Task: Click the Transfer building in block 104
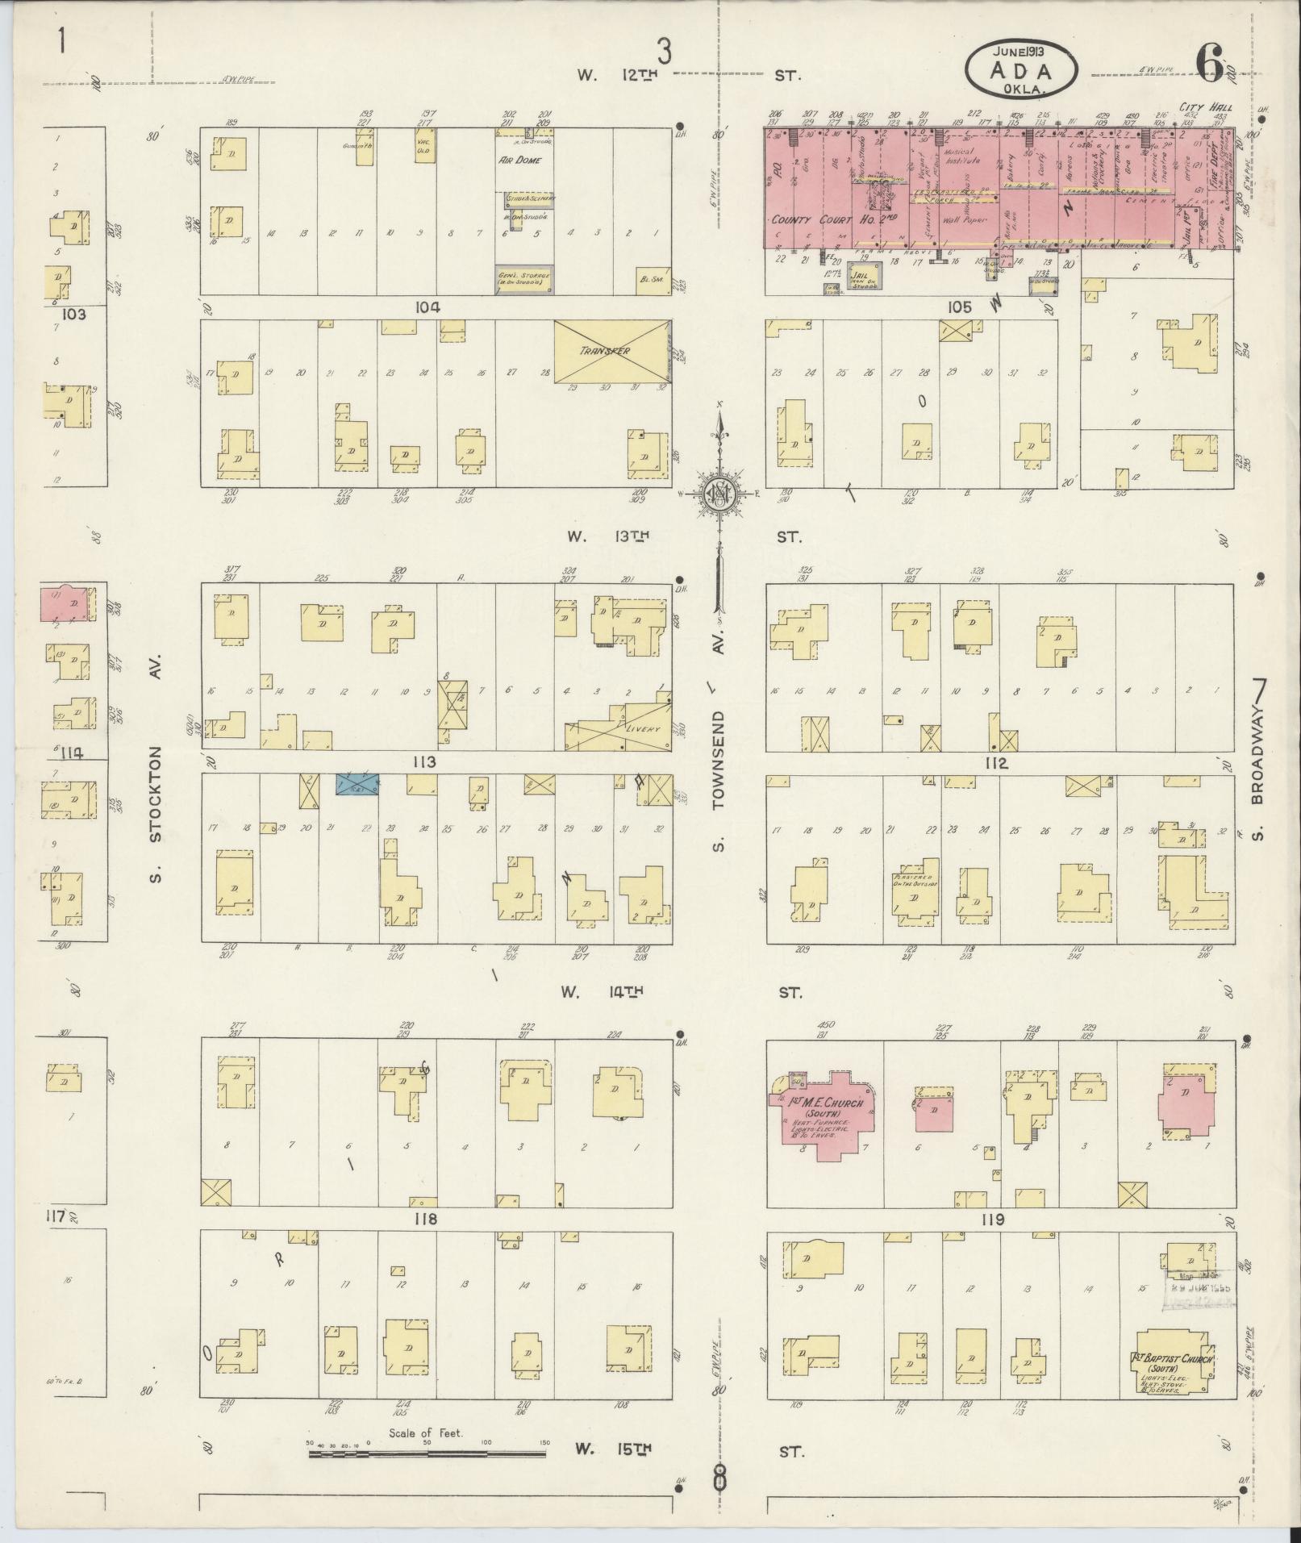tap(611, 352)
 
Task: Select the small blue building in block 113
tap(357, 783)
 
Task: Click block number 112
tap(996, 762)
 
